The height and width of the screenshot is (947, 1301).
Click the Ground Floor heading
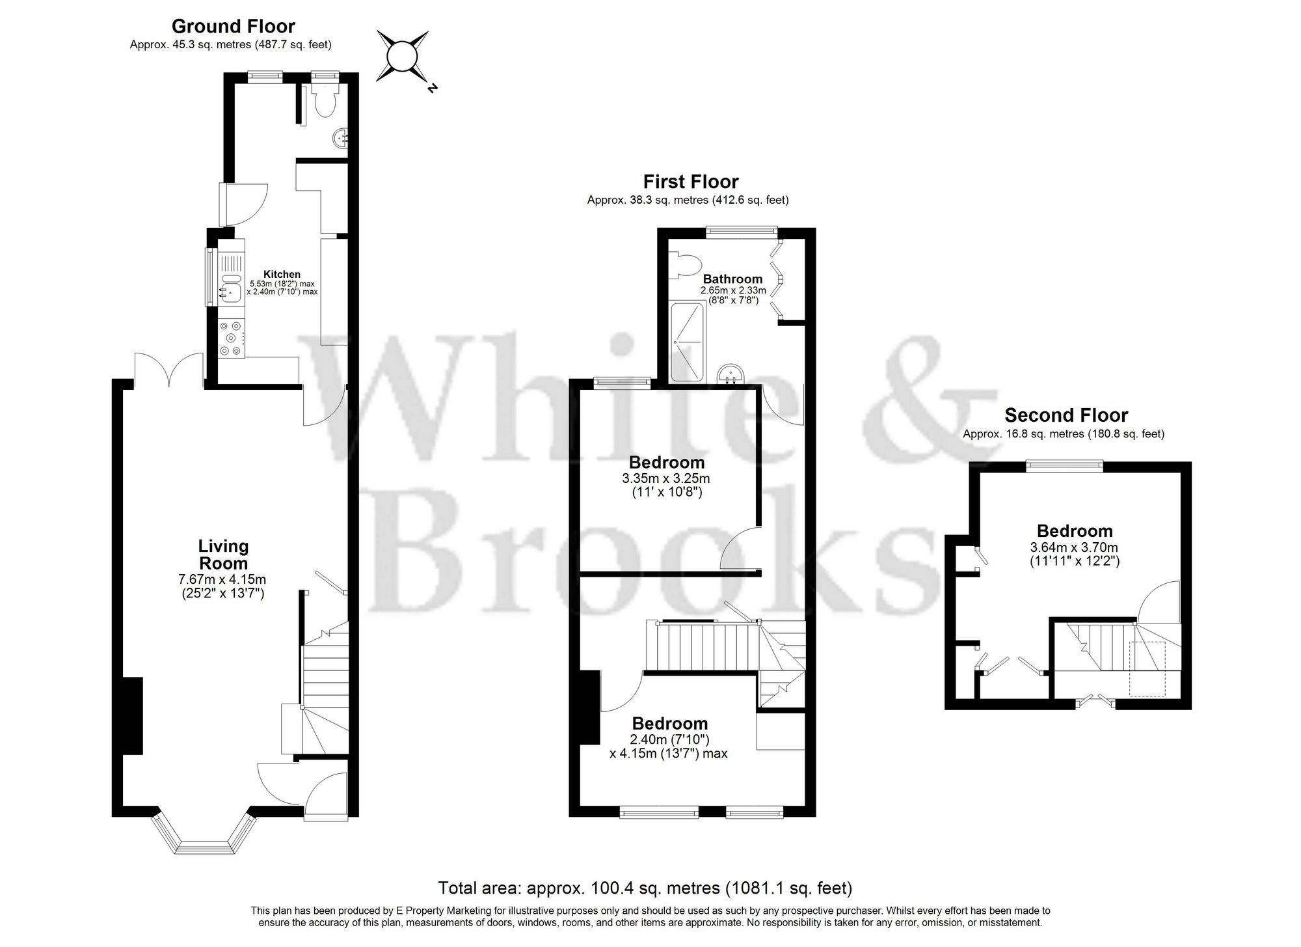(x=233, y=26)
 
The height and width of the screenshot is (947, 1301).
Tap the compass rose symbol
(x=402, y=57)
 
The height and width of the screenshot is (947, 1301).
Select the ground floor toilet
(x=323, y=102)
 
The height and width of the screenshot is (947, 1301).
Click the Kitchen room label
(x=282, y=275)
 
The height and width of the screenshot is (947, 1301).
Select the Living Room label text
(x=223, y=555)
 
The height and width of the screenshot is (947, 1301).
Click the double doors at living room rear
(x=168, y=371)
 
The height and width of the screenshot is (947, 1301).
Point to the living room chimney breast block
(x=133, y=715)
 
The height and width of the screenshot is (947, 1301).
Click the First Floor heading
(x=691, y=182)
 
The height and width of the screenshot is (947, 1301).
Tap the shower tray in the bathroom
(x=688, y=342)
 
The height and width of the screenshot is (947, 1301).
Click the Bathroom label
(x=732, y=279)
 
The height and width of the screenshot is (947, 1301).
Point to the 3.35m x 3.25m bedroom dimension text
(x=666, y=478)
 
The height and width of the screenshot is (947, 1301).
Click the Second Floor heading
(x=1066, y=415)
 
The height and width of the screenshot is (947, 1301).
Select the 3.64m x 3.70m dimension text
(x=1074, y=548)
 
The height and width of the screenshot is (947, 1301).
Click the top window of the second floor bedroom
(x=1064, y=465)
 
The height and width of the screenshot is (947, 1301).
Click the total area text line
(x=645, y=888)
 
